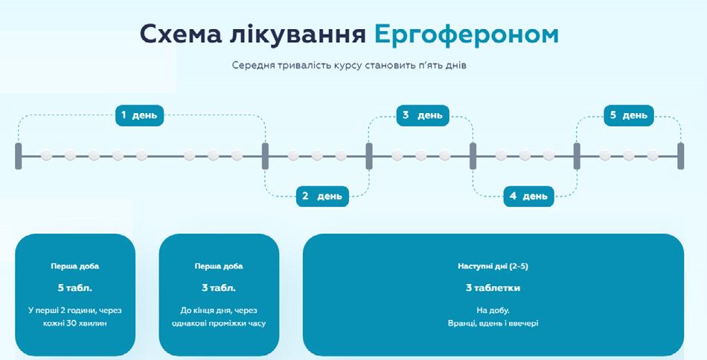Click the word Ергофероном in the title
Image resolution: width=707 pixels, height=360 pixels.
[x=467, y=34]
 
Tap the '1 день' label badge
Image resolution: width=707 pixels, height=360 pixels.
[x=139, y=115]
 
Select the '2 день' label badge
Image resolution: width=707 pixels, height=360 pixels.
[x=322, y=196]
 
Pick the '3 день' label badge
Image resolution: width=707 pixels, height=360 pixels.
[x=422, y=115]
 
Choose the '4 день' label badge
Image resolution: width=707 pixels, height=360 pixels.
[x=528, y=196]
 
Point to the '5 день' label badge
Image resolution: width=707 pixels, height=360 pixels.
[x=629, y=115]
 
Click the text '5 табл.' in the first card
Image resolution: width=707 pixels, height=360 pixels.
[x=75, y=287]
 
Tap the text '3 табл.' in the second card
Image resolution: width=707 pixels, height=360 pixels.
[x=219, y=287]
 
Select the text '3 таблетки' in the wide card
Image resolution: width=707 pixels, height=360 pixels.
[x=493, y=287]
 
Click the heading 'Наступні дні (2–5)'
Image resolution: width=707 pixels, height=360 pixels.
[x=493, y=266]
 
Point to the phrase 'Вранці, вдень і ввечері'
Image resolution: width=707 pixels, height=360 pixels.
[x=493, y=323]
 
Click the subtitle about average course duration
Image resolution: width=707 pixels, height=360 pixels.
[x=348, y=65]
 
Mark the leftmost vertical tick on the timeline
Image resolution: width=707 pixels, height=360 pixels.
[x=19, y=156]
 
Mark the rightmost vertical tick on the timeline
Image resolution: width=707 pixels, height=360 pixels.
[x=680, y=156]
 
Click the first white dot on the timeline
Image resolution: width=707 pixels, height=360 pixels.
[x=46, y=156]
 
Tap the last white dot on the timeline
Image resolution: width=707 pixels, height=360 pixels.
[x=653, y=156]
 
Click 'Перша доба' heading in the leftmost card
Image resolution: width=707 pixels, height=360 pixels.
[x=75, y=266]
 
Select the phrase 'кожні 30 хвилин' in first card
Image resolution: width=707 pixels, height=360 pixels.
[x=75, y=323]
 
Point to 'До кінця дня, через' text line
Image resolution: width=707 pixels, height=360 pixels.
[x=219, y=309]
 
